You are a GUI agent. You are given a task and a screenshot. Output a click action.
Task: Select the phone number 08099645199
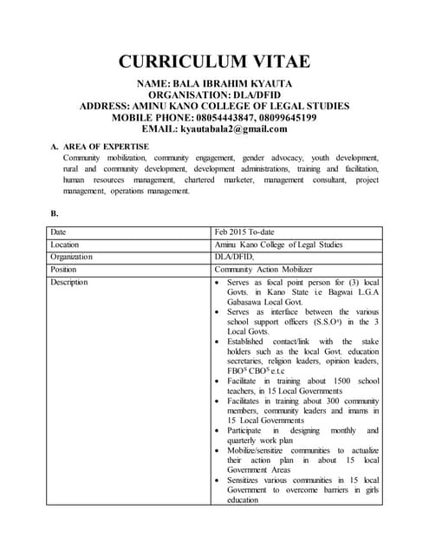(280, 117)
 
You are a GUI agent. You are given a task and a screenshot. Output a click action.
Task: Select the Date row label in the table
(58, 232)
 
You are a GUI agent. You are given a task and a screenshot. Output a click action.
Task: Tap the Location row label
(65, 245)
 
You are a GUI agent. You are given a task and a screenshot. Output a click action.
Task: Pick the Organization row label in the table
(71, 257)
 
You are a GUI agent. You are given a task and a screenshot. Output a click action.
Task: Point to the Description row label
(69, 282)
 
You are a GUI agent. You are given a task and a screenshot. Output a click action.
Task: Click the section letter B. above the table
(55, 212)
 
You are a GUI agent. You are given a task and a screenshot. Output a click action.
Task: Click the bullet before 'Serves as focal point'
(218, 283)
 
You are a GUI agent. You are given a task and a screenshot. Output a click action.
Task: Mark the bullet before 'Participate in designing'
(218, 429)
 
